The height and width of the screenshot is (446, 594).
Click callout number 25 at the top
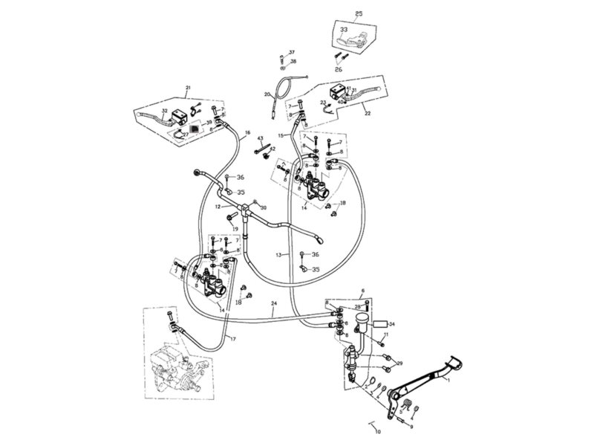click(x=359, y=13)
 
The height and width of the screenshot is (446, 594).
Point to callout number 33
click(x=343, y=30)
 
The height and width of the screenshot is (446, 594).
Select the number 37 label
click(x=292, y=52)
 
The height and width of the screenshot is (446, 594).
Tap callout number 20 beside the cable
click(x=267, y=94)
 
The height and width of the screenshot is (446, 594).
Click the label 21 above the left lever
click(x=188, y=88)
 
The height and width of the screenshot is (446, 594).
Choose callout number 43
click(x=261, y=139)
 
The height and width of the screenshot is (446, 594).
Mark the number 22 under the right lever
click(x=365, y=114)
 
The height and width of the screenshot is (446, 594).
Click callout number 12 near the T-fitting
click(x=218, y=206)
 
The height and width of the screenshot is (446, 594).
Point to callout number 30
click(x=263, y=207)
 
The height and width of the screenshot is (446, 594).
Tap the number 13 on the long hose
click(x=278, y=254)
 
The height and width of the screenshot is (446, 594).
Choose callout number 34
click(x=391, y=324)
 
